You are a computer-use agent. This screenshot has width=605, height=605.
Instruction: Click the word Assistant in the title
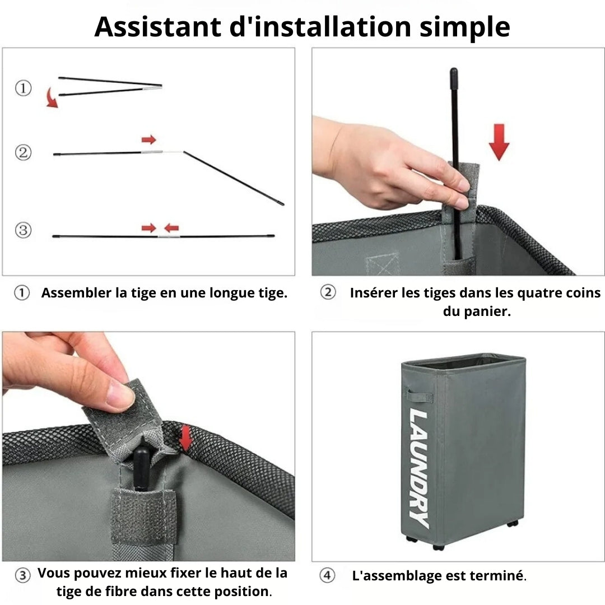(x=158, y=27)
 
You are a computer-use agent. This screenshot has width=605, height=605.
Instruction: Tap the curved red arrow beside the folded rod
(x=52, y=97)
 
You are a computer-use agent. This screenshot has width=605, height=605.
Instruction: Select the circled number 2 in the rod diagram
(x=23, y=152)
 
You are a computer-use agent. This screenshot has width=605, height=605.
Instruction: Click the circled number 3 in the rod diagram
(x=23, y=230)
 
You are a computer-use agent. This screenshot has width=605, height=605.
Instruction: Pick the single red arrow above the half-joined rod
(x=149, y=139)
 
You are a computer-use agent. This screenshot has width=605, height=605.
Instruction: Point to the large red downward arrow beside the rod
(x=499, y=142)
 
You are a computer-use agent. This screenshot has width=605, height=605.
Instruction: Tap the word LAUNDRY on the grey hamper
(x=419, y=468)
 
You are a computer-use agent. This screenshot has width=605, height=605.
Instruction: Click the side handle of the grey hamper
(x=420, y=395)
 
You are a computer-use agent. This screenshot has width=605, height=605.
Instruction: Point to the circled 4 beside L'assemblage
(x=327, y=575)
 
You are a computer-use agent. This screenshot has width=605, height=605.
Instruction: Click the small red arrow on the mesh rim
(x=187, y=438)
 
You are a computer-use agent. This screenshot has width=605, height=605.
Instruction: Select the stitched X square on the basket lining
(x=382, y=264)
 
